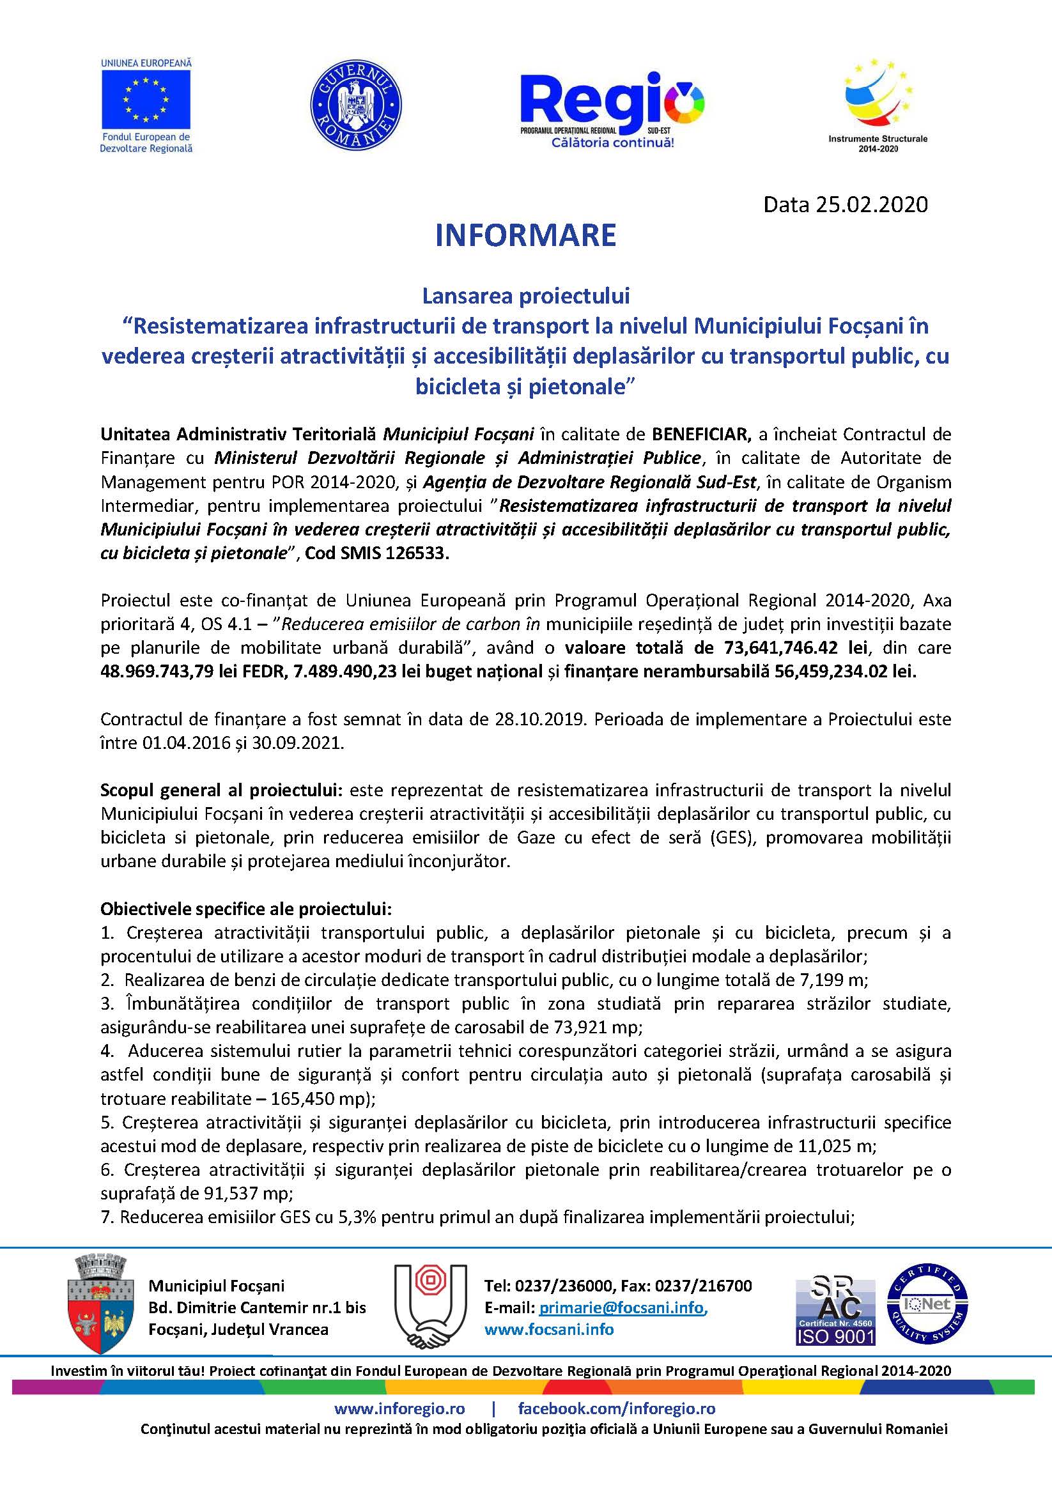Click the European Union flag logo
tap(146, 100)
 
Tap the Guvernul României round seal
tap(356, 105)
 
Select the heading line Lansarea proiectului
tap(525, 296)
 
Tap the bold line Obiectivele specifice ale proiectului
tap(245, 909)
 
